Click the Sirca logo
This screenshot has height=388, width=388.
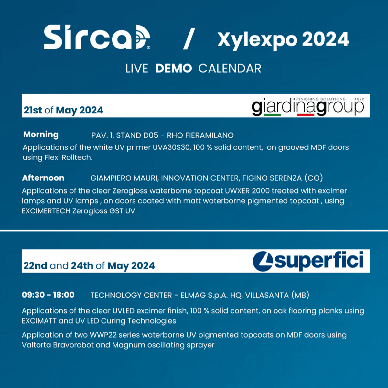tap(97, 37)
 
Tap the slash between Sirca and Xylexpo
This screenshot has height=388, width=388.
tap(189, 39)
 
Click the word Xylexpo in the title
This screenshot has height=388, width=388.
tap(257, 40)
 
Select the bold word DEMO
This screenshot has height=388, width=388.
tap(174, 69)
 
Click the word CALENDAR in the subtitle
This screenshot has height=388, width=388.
tap(230, 69)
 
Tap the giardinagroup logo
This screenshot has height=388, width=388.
tap(308, 106)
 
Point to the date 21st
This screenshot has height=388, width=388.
tap(33, 110)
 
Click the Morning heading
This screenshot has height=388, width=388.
tap(41, 135)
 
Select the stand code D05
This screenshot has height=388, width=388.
tap(151, 135)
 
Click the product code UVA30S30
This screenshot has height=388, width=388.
tap(171, 147)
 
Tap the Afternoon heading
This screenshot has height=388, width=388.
tap(43, 178)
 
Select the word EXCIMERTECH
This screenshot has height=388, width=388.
tap(46, 211)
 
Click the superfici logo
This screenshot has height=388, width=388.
tap(308, 261)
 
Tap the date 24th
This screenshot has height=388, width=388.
tap(82, 266)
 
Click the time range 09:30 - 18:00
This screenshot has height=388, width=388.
tap(48, 295)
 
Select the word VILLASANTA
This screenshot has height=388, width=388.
tap(267, 296)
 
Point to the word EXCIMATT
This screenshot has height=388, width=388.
tap(39, 321)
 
